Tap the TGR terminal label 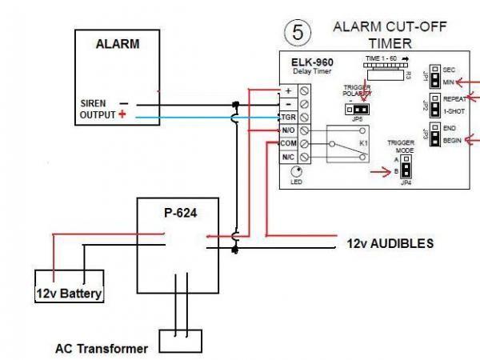coord(288,117)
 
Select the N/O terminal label coord(288,130)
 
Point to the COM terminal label coord(288,143)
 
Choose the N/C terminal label coord(288,157)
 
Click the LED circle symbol coord(297,171)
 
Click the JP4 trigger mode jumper coord(406,167)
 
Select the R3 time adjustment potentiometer coord(383,74)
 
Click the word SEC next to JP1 coord(449,69)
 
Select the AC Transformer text coord(102,349)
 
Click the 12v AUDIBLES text coord(390,242)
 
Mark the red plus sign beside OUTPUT coord(122,115)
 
